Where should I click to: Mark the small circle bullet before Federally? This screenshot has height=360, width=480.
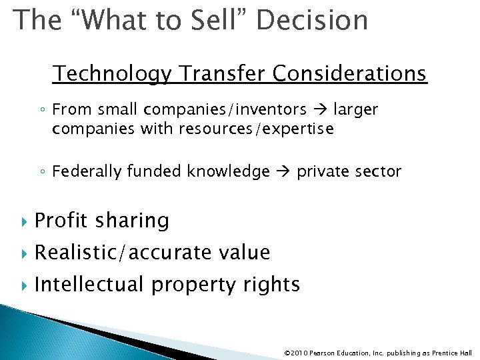point(42,173)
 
